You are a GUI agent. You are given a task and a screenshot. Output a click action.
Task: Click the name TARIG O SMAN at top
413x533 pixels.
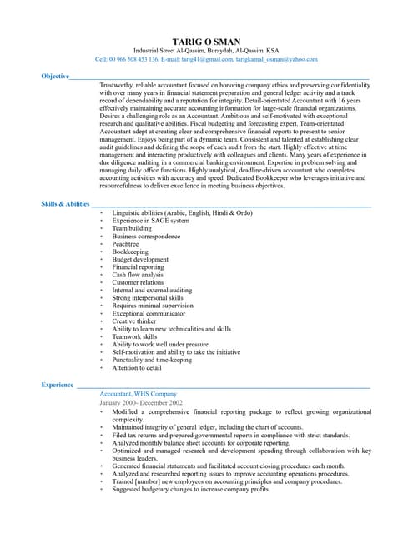pos(206,41)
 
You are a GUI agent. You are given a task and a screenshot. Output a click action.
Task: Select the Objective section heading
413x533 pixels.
pos(55,76)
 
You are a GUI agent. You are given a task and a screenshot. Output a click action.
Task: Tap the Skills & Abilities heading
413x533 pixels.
pos(65,203)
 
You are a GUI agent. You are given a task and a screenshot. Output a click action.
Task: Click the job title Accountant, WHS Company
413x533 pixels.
pos(138,393)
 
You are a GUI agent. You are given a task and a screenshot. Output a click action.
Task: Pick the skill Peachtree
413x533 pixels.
pos(126,244)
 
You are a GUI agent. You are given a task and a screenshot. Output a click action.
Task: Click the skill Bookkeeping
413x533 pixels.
pos(130,252)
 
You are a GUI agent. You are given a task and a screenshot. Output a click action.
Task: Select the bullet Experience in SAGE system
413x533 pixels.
pos(151,221)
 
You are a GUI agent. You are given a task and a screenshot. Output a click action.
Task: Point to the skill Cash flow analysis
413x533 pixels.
pos(138,275)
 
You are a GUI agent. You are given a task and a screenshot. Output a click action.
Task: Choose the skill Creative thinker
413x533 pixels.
pos(134,321)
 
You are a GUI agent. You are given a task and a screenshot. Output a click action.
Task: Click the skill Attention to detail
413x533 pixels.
pos(137,367)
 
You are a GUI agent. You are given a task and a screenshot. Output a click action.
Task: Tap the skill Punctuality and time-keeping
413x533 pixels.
pos(152,360)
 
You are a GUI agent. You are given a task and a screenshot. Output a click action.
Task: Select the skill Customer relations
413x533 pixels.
pos(138,282)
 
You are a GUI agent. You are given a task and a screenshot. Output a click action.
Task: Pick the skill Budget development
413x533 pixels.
pos(140,259)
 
